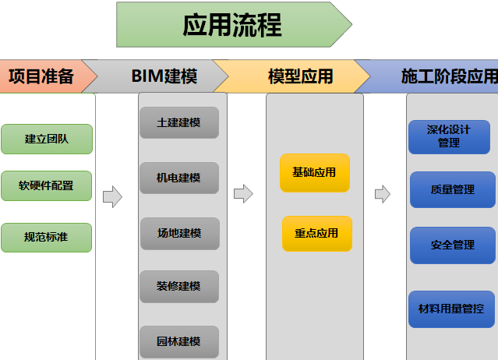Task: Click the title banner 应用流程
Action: [x=232, y=24]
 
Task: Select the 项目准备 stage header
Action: [x=43, y=76]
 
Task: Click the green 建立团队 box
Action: [x=47, y=139]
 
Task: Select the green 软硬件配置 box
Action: [x=47, y=185]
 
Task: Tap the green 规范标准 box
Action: [x=47, y=237]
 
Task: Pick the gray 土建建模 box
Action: [x=179, y=123]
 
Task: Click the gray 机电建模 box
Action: [x=179, y=178]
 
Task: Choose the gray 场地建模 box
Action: [x=179, y=233]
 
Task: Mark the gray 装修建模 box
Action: [x=179, y=287]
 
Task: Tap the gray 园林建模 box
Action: [x=179, y=341]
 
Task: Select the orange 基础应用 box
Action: [x=315, y=172]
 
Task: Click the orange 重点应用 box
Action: [x=316, y=233]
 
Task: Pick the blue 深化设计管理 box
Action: [x=449, y=137]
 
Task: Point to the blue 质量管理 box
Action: [x=452, y=189]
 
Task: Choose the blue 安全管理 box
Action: [x=452, y=245]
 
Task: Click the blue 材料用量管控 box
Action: [x=451, y=309]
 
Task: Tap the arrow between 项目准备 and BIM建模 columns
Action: [x=113, y=196]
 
